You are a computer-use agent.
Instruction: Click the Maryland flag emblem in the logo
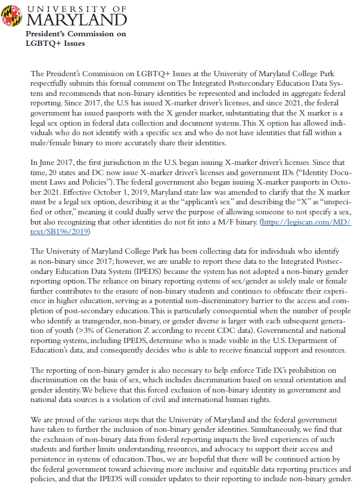(13, 14)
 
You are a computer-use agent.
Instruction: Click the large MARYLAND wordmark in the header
(76, 20)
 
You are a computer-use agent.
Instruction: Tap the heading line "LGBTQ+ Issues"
(55, 43)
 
